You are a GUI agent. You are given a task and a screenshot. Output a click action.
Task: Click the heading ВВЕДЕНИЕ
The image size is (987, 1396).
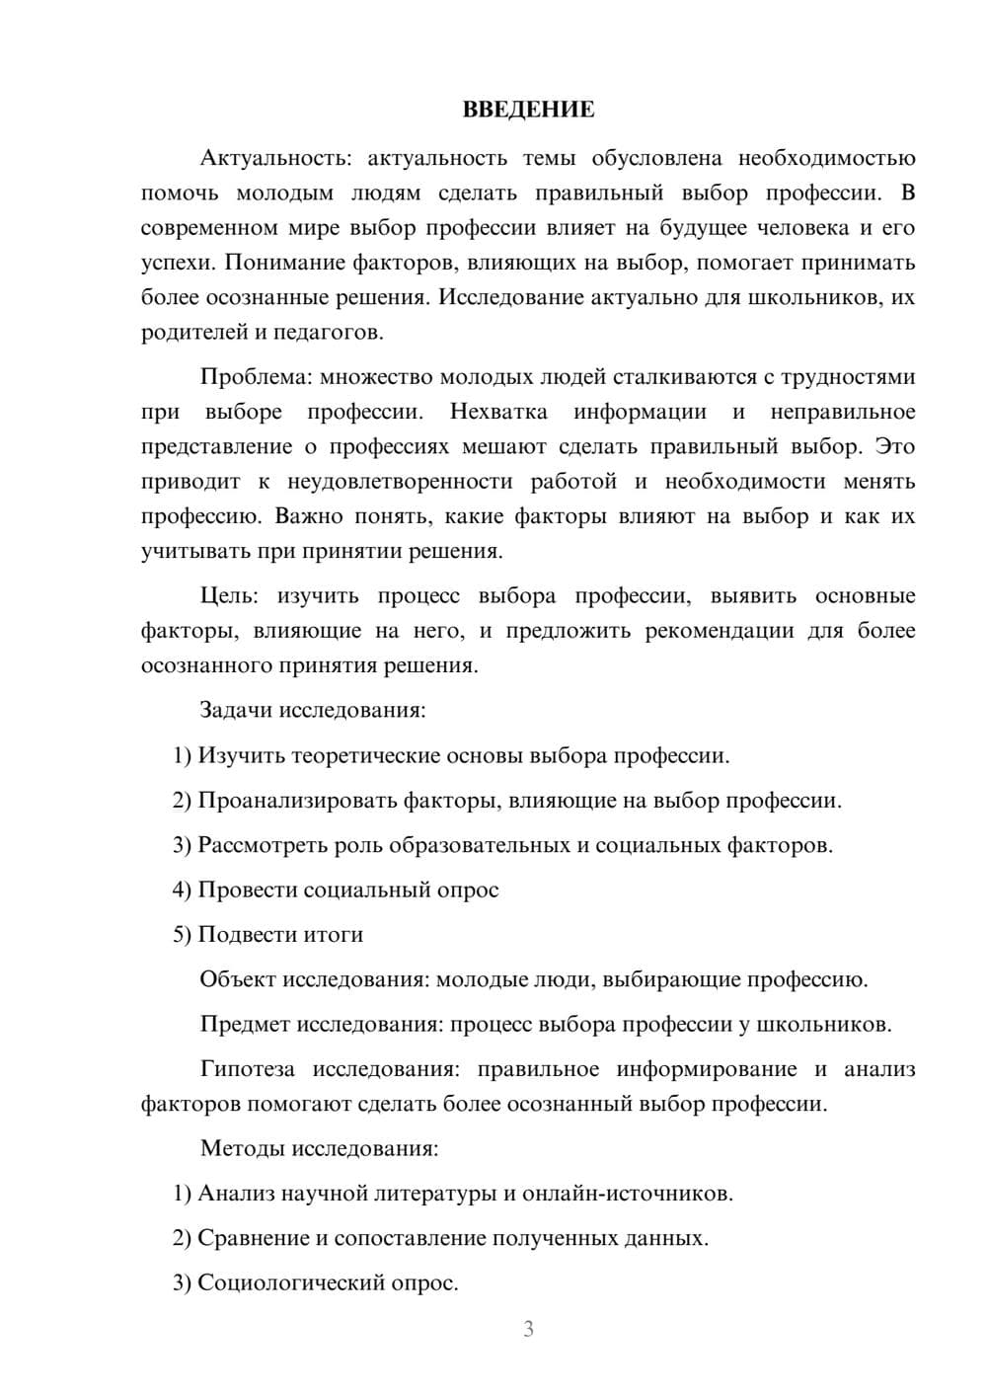528,110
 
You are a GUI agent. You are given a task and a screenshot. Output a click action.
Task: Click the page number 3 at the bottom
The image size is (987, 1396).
528,1329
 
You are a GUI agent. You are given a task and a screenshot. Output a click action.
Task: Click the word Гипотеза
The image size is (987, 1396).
248,1069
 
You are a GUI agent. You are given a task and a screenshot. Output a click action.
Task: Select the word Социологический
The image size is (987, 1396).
280,1283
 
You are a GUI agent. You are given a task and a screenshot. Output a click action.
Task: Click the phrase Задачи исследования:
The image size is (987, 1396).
313,711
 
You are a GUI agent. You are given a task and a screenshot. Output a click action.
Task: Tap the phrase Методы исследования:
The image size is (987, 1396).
319,1149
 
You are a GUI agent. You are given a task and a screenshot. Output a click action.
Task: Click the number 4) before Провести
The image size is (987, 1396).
182,891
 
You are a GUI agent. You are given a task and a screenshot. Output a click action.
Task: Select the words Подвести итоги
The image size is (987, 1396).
280,935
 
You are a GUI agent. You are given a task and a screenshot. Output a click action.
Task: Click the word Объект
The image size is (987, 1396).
238,980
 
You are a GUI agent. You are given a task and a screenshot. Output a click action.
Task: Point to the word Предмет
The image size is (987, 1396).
245,1025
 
